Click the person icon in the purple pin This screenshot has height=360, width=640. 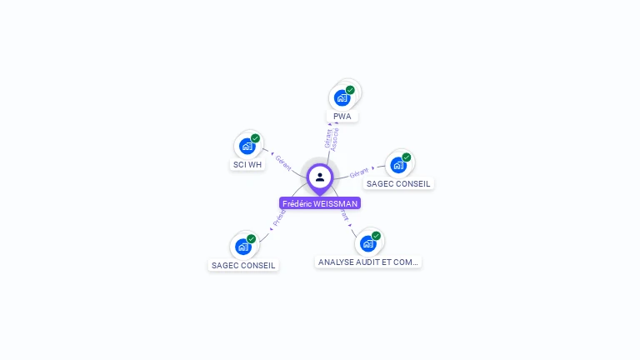click(x=320, y=177)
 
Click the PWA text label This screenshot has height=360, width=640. click(x=342, y=117)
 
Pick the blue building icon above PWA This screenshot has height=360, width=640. click(x=342, y=97)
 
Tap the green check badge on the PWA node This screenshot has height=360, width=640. click(x=350, y=90)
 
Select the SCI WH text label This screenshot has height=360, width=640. click(x=247, y=165)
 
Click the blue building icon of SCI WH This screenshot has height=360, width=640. click(x=247, y=147)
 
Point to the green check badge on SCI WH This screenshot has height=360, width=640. click(x=255, y=138)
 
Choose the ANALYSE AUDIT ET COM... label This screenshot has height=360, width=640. click(x=368, y=262)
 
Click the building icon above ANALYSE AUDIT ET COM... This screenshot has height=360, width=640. click(x=367, y=243)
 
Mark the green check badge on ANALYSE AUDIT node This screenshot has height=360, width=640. click(x=376, y=236)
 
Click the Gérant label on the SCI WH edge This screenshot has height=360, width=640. click(x=283, y=162)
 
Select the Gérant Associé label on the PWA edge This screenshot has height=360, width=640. click(x=331, y=138)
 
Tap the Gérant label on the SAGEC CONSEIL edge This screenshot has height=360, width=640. click(x=359, y=172)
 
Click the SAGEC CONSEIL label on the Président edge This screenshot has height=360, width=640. click(x=243, y=266)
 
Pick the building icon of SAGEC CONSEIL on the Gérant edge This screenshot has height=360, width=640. click(x=398, y=165)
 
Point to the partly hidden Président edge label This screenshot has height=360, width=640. click(x=278, y=219)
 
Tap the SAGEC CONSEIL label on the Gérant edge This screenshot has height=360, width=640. click(x=398, y=183)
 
